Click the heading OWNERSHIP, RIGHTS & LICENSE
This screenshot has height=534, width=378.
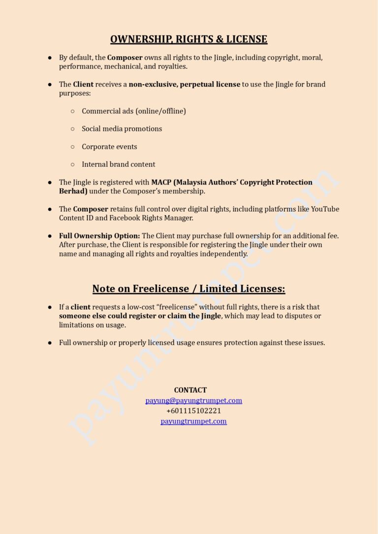[x=189, y=39]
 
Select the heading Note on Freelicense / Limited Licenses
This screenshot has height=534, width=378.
[x=189, y=288]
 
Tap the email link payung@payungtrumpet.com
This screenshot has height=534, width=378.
[x=193, y=401]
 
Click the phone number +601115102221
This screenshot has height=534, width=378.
[x=193, y=411]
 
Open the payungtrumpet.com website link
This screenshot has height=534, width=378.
[x=193, y=421]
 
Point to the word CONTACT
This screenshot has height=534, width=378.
[x=190, y=390]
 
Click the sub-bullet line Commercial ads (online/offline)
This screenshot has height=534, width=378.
[x=133, y=111]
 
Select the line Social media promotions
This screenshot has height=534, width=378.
[x=122, y=129]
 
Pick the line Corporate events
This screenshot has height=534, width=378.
[x=109, y=147]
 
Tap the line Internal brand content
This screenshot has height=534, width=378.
[x=118, y=164]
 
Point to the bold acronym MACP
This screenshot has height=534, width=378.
[x=161, y=182]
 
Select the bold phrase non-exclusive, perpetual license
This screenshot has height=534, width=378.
[x=184, y=84]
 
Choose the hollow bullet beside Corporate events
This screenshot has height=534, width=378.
[x=72, y=147]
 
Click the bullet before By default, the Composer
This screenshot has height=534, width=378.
[x=50, y=58]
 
